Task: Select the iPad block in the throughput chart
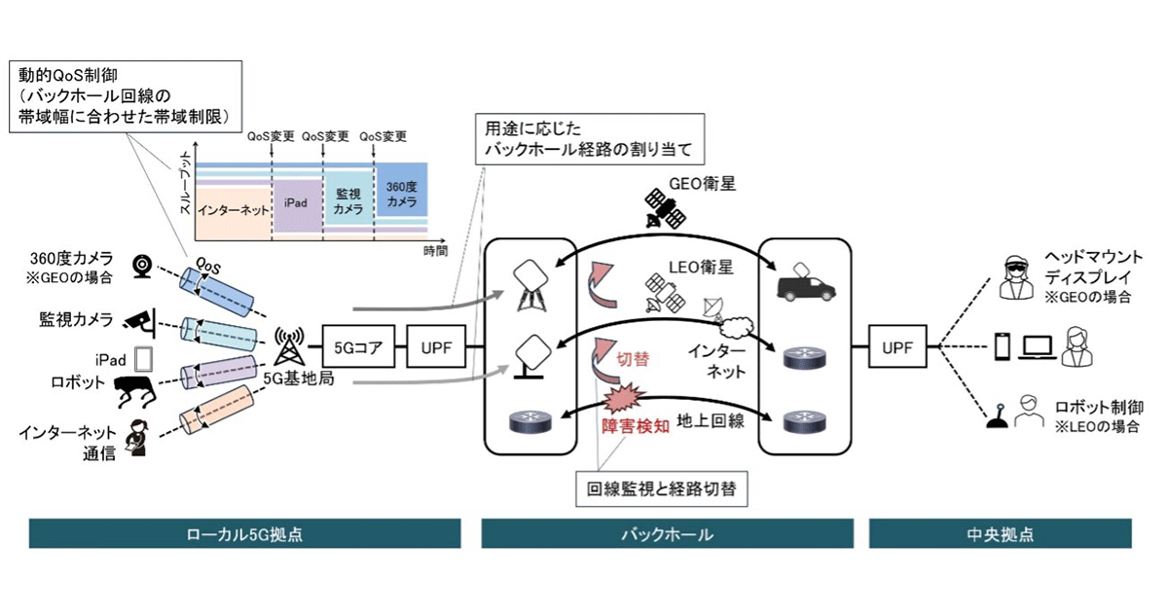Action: [x=297, y=205]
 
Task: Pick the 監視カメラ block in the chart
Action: [x=349, y=201]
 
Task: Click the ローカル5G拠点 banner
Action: [x=244, y=534]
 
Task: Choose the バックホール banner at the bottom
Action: [x=667, y=534]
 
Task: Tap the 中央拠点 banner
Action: [x=1002, y=534]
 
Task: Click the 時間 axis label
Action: [x=436, y=250]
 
